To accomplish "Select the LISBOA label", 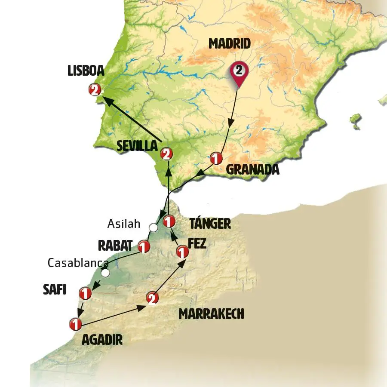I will coord(86,71).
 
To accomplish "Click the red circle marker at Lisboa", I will coord(95,90).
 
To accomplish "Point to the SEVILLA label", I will coord(137,146).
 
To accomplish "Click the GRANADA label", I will coord(253,169).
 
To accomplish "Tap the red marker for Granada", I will coord(216,158).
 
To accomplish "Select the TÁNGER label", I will coord(210,223).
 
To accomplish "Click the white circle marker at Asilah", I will coord(153,227).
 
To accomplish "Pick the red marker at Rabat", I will coord(143,247).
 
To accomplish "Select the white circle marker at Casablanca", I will coord(105,273).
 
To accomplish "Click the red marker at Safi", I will coord(85,294).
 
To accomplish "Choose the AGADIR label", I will coord(102,340).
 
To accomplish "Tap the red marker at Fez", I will coord(182,252).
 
